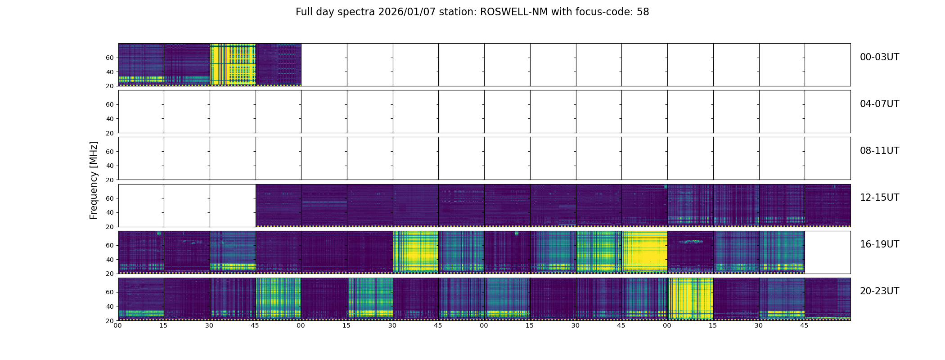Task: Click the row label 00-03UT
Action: pyautogui.click(x=879, y=57)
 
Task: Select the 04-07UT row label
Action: pyautogui.click(x=879, y=104)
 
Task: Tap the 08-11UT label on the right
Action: pyautogui.click(x=879, y=151)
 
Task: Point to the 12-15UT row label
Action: pyautogui.click(x=879, y=198)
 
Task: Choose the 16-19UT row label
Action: pyautogui.click(x=879, y=244)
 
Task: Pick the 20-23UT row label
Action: pyautogui.click(x=879, y=291)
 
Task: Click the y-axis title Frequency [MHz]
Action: pyautogui.click(x=94, y=180)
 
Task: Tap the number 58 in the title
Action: pyautogui.click(x=643, y=12)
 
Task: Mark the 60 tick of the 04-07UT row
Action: pyautogui.click(x=109, y=104)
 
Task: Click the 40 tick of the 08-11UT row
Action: pyautogui.click(x=109, y=166)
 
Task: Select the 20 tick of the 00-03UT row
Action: pyautogui.click(x=109, y=86)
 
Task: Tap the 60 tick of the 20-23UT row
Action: pyautogui.click(x=109, y=292)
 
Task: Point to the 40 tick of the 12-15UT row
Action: pyautogui.click(x=109, y=212)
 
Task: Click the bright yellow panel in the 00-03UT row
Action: pyautogui.click(x=233, y=64)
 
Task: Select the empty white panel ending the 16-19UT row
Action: pyautogui.click(x=827, y=252)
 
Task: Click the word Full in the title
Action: pyautogui.click(x=304, y=12)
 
